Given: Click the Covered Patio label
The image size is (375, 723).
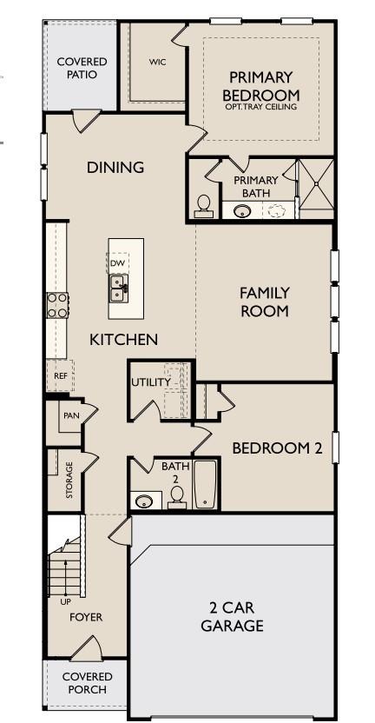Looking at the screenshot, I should point(82,68).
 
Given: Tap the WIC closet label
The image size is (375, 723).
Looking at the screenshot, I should point(157,62).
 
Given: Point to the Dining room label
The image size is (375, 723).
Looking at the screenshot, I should point(115,168).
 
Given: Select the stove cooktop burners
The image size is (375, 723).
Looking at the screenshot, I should point(57,305).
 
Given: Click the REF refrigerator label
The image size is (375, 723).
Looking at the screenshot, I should point(60,376).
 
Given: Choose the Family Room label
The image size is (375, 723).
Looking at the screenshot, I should point(264,302).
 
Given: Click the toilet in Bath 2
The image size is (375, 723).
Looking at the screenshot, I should point(177,496).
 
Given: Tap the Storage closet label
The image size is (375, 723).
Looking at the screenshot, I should point(69,480).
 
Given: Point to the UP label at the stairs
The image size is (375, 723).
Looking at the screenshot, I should point(65,600).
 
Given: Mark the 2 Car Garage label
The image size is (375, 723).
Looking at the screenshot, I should point(232,617).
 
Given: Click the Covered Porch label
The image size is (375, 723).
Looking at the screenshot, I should point(86,682).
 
